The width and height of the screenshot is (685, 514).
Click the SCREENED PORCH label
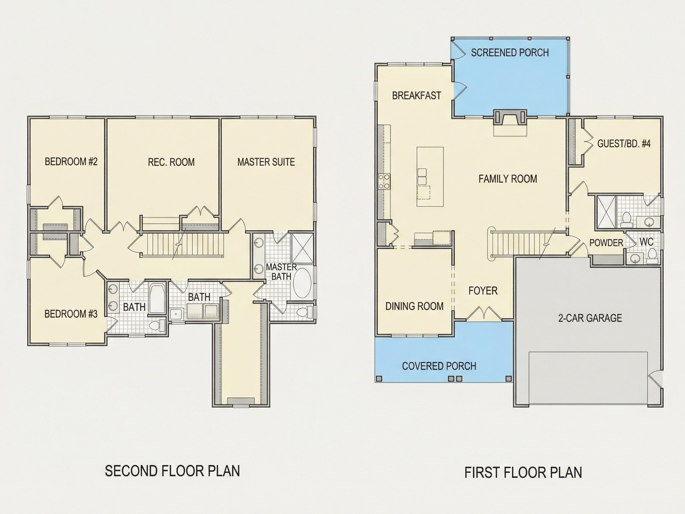point(510,53)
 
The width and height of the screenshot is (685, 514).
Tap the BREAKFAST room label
point(417,96)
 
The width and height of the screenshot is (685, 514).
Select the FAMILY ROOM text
point(508,179)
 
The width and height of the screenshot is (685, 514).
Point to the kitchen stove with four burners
point(384,181)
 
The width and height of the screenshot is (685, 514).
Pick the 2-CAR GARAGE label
point(590,318)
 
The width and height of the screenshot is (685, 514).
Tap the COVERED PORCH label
point(439,366)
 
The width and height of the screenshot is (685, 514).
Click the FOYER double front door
point(484,313)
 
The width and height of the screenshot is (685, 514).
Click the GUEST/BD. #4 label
point(624,143)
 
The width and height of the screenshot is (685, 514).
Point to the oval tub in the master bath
point(302,283)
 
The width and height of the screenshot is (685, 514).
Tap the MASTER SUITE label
point(266,162)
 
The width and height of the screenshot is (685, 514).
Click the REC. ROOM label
point(171,162)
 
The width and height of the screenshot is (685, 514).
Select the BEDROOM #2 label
point(71,162)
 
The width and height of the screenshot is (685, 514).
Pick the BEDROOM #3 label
point(71,314)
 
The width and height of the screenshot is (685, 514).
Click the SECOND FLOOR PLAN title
point(172,471)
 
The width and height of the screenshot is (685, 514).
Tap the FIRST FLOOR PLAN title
point(523,472)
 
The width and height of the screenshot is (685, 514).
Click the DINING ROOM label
point(414,306)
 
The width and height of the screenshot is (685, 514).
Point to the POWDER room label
point(606,243)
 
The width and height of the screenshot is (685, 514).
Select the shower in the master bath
point(303,248)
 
